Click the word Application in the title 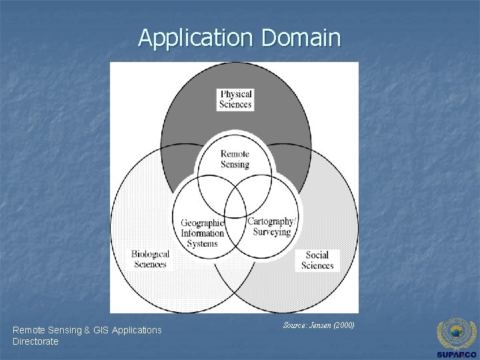pos(197,38)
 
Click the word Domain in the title pos(301,38)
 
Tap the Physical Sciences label pos(235,99)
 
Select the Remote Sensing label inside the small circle pos(235,159)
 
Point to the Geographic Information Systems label pos(203,233)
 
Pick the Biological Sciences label pos(150,259)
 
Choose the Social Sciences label pos(317,260)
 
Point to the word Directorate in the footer pos(35,341)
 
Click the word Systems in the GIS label pos(203,243)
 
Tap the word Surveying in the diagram pos(271,232)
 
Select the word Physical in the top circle pos(235,94)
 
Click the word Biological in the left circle pos(150,254)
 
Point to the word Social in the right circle pos(317,255)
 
